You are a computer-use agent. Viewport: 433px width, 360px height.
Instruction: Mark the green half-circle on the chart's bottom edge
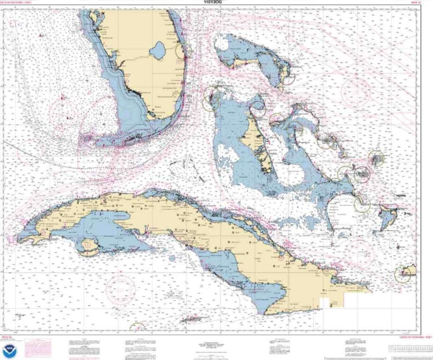pos(137,327)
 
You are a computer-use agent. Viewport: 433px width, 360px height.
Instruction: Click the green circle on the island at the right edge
pos(402,275)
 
